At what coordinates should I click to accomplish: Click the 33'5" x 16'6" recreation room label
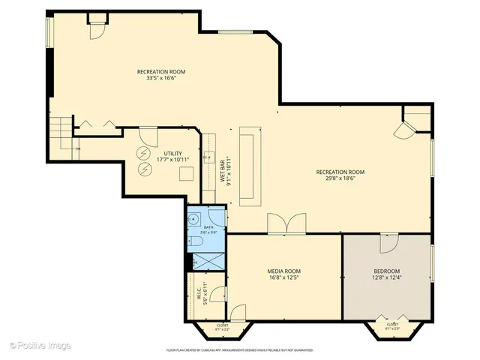tap(160, 76)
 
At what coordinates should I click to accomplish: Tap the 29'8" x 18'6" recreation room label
tap(344, 175)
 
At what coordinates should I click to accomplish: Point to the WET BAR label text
tap(224, 169)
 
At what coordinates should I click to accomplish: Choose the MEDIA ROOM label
tap(283, 274)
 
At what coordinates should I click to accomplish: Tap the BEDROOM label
tap(387, 274)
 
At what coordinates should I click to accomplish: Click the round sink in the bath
tap(193, 220)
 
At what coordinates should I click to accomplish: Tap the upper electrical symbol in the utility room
tap(143, 153)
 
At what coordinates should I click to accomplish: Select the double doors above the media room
tap(286, 223)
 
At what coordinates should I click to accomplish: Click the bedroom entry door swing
tap(388, 243)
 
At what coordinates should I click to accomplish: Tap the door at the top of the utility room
tap(148, 136)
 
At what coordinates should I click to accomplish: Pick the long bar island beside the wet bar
tap(249, 166)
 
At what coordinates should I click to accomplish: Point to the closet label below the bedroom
tap(392, 326)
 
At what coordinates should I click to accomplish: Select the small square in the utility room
tap(186, 172)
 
